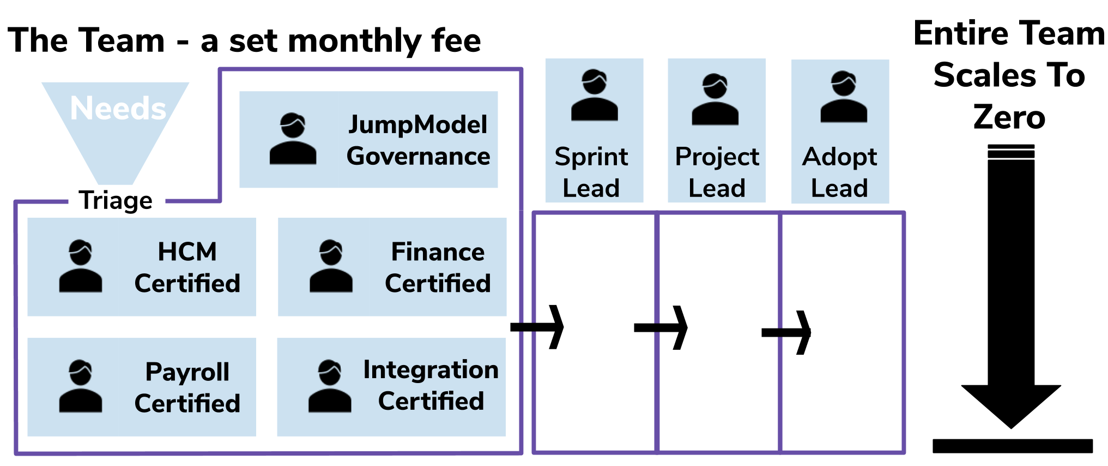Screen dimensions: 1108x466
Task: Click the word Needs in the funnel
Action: pyautogui.click(x=118, y=108)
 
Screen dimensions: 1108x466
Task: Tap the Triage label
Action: pyautogui.click(x=116, y=200)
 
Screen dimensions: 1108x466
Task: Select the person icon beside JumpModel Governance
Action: pyautogui.click(x=293, y=139)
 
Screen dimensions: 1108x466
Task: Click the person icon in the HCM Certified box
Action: pyautogui.click(x=81, y=266)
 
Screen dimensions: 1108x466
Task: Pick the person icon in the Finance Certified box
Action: pyautogui.click(x=331, y=266)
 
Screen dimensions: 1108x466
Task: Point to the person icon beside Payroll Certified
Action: pyautogui.click(x=81, y=386)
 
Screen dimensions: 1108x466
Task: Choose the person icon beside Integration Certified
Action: pyautogui.click(x=330, y=386)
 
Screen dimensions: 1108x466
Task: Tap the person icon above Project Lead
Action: pyautogui.click(x=715, y=99)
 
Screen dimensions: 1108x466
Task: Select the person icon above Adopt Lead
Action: pyautogui.click(x=844, y=97)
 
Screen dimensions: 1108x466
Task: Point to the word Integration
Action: pyautogui.click(x=431, y=370)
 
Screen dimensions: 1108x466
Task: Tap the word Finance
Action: pyautogui.click(x=438, y=252)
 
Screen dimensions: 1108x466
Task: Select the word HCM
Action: pyautogui.click(x=187, y=252)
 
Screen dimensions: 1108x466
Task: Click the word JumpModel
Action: pyautogui.click(x=417, y=125)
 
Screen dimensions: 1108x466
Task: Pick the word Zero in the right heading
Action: pyautogui.click(x=1009, y=117)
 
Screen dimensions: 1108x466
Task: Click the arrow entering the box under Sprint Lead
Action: pyautogui.click(x=537, y=327)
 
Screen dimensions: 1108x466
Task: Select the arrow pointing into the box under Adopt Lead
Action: pyautogui.click(x=786, y=332)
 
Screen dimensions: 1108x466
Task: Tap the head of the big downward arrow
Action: pyautogui.click(x=1011, y=407)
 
